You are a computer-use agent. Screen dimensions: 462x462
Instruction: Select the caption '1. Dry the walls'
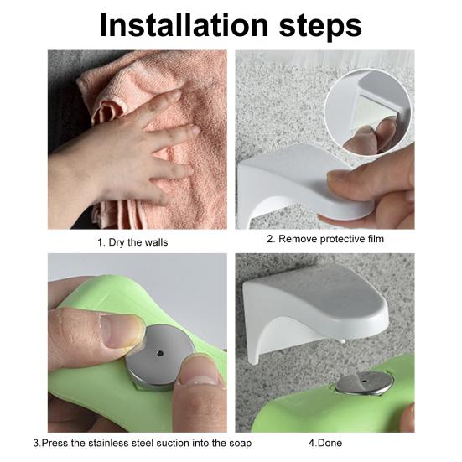pyautogui.click(x=132, y=242)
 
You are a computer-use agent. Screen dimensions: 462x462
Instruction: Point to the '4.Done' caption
pyautogui.click(x=325, y=442)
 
